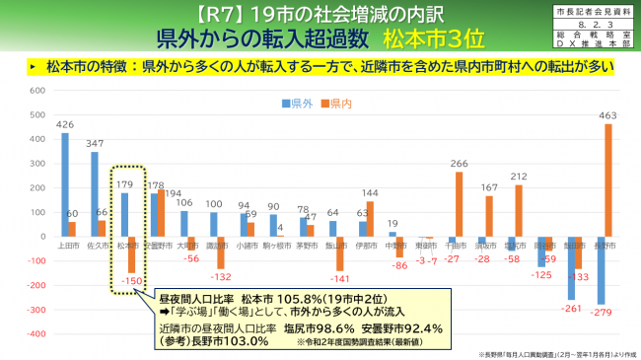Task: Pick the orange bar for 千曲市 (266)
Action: [x=459, y=204]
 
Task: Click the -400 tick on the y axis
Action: [x=33, y=334]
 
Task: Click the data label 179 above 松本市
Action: [x=124, y=183]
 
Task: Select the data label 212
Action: [x=518, y=177]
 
